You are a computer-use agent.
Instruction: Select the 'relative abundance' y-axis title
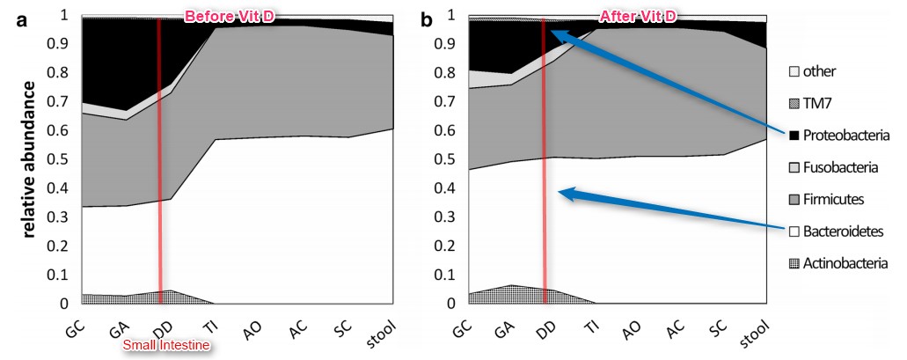point(30,158)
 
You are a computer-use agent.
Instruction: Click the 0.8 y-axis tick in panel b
point(455,73)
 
